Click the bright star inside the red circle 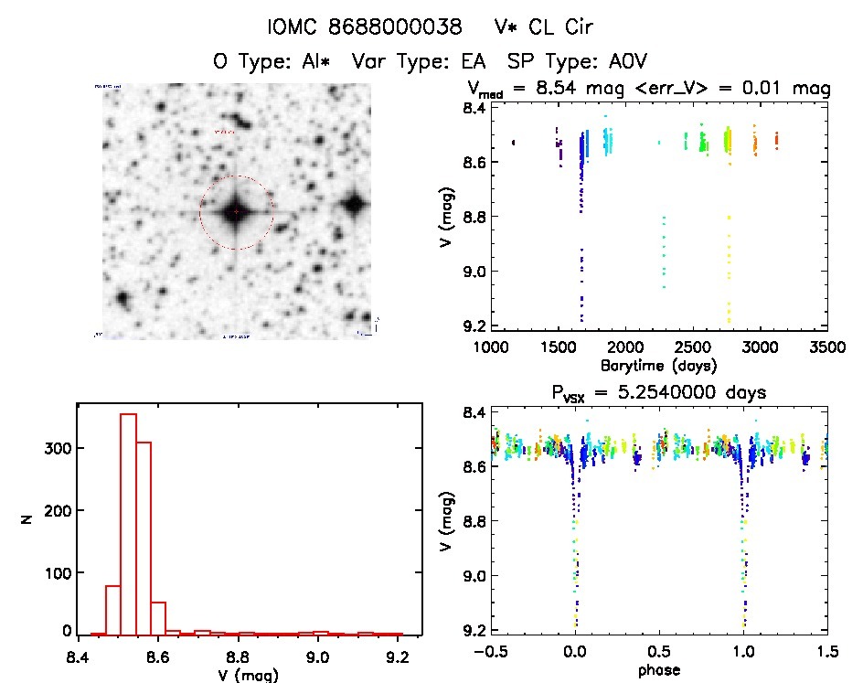click(x=236, y=212)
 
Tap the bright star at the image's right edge click(x=355, y=204)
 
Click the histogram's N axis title click(x=27, y=519)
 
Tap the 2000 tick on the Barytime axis click(x=625, y=347)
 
